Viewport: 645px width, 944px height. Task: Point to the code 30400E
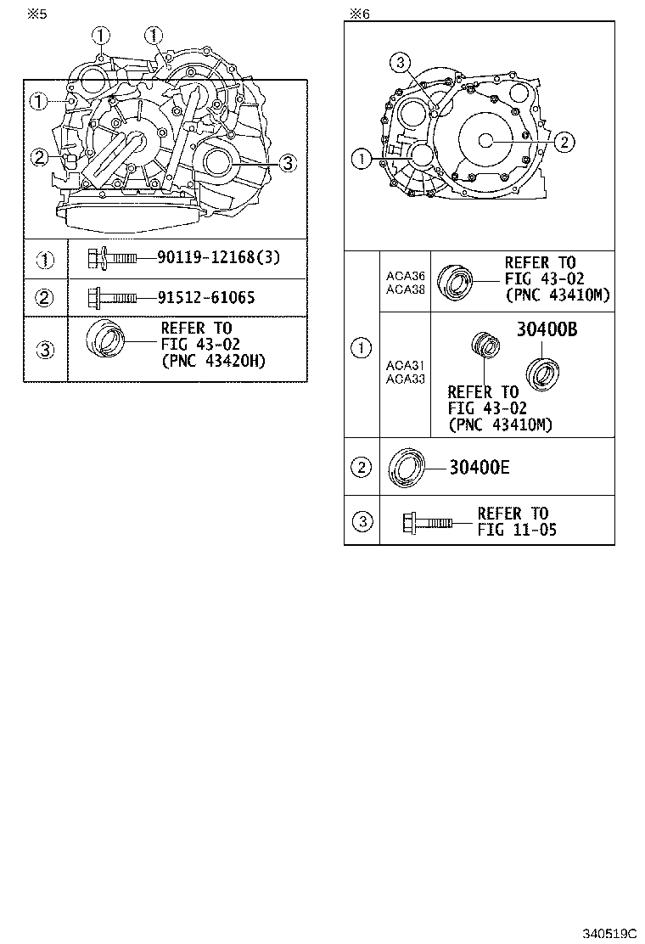(480, 466)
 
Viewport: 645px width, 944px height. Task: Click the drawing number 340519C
(609, 933)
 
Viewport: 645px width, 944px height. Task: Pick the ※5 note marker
(36, 14)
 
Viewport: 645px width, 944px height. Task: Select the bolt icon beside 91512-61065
(111, 298)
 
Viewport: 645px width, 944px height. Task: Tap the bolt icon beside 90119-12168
(111, 256)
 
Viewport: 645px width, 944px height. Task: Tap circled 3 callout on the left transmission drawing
(287, 163)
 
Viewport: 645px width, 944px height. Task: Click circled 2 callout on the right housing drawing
(564, 142)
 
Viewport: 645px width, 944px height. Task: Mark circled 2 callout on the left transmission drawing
(38, 156)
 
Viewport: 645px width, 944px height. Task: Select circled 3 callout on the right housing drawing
(401, 61)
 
